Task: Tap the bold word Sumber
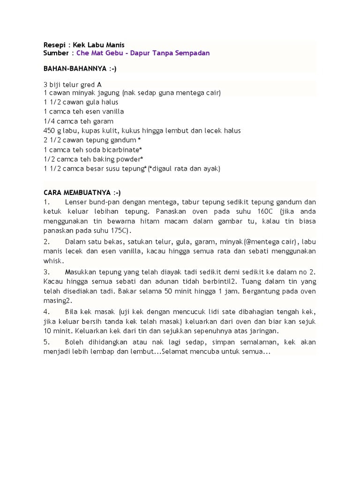click(56, 53)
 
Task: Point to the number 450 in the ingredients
click(49, 130)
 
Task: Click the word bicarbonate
click(118, 149)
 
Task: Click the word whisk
click(52, 260)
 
